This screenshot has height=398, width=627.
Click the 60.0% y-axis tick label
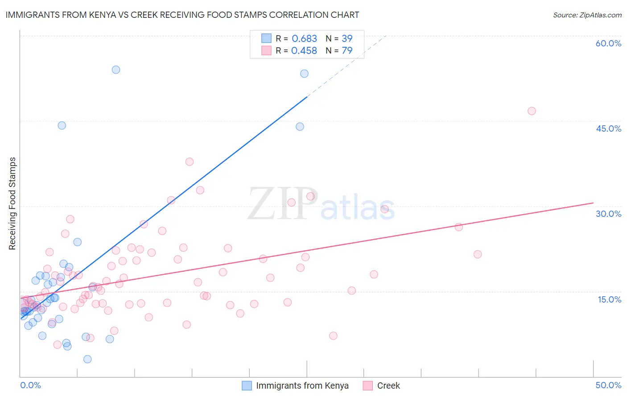pos(608,43)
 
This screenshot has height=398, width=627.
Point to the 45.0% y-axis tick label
pos(608,129)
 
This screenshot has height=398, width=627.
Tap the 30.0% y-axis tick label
pos(608,214)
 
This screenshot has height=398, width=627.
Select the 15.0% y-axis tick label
pos(609,299)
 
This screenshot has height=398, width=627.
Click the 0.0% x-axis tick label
pos(30,385)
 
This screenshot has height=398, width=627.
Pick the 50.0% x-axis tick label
pos(608,385)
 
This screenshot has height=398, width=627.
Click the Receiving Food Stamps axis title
pos(12,203)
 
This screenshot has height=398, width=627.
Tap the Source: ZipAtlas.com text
pos(587,15)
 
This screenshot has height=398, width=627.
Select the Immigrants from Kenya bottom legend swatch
pos(247,386)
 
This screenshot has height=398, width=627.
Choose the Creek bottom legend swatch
pos(367,386)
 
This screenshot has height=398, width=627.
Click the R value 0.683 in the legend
pos(304,39)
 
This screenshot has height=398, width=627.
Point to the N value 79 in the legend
pos(347,51)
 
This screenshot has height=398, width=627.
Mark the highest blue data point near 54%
pos(116,70)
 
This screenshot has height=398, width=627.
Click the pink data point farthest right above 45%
pos(532,111)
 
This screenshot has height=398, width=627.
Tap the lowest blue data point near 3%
pos(87,359)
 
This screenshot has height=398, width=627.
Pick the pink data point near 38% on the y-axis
pos(190,162)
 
